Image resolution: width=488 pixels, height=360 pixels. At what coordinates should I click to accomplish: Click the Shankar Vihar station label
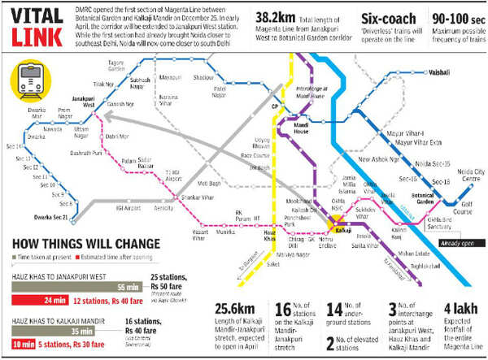coord(197,197)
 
